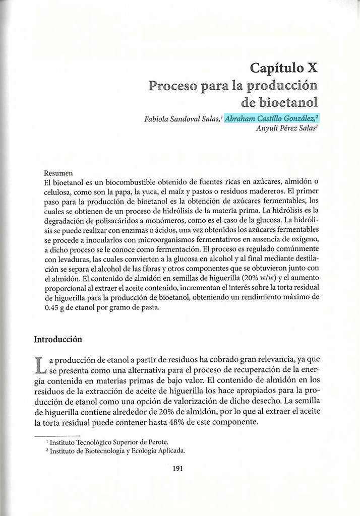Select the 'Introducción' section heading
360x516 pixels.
pos(58,339)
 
